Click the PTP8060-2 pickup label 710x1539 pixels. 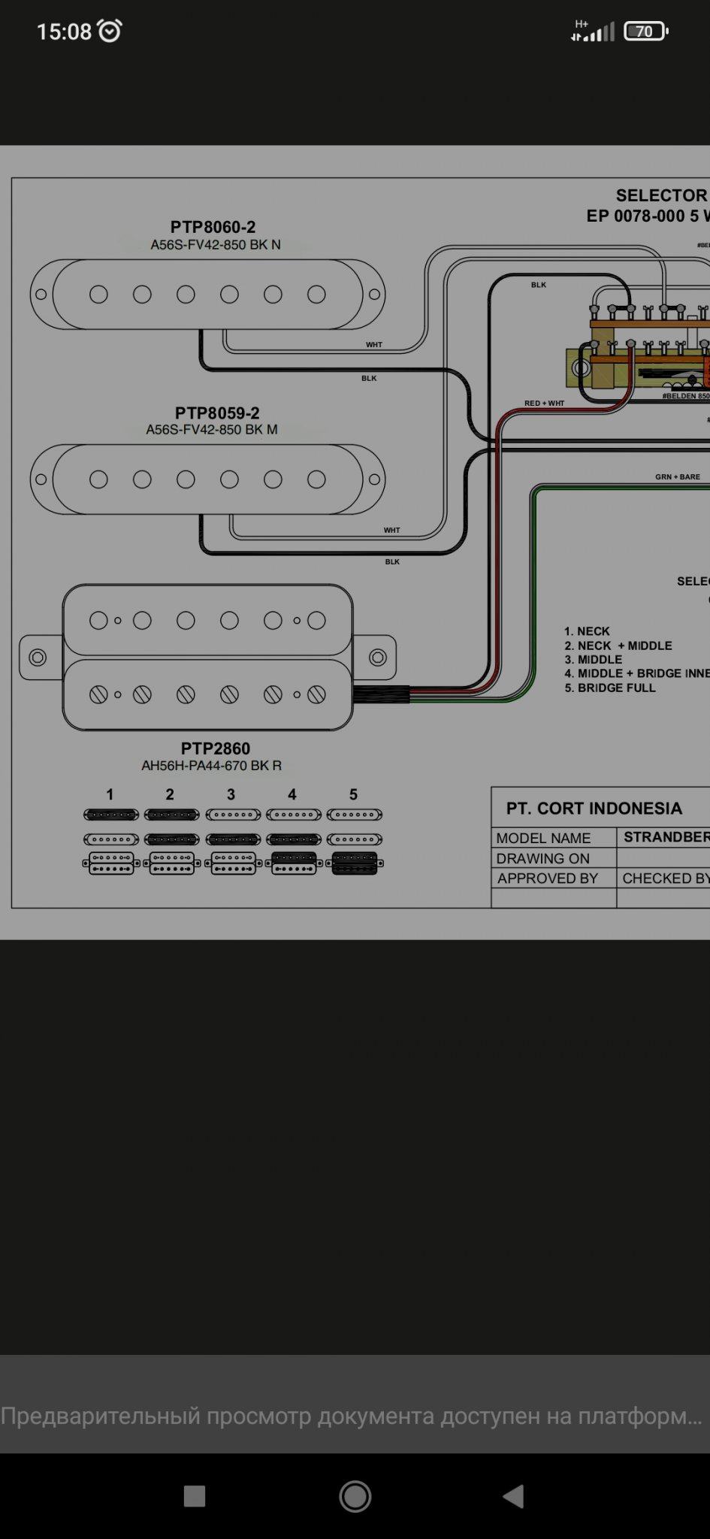(213, 227)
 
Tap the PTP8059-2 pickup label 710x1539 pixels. (216, 413)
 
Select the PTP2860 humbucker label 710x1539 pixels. (215, 748)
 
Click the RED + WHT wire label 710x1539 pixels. (544, 404)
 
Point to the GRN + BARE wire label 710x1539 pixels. (677, 477)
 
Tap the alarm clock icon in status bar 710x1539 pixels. (110, 31)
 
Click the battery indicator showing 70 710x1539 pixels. (645, 32)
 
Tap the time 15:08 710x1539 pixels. (64, 32)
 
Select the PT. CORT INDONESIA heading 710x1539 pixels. (594, 809)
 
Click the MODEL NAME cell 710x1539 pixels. (543, 838)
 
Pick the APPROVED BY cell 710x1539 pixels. (547, 878)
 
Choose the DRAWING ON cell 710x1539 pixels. (542, 858)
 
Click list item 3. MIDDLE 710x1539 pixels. (594, 660)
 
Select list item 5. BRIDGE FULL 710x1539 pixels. (609, 688)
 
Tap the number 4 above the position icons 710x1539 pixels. (292, 794)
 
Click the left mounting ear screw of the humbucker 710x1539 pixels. (38, 658)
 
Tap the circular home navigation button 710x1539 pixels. (355, 1496)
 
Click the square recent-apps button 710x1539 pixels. (195, 1496)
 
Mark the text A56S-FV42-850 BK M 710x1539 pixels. (212, 430)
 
